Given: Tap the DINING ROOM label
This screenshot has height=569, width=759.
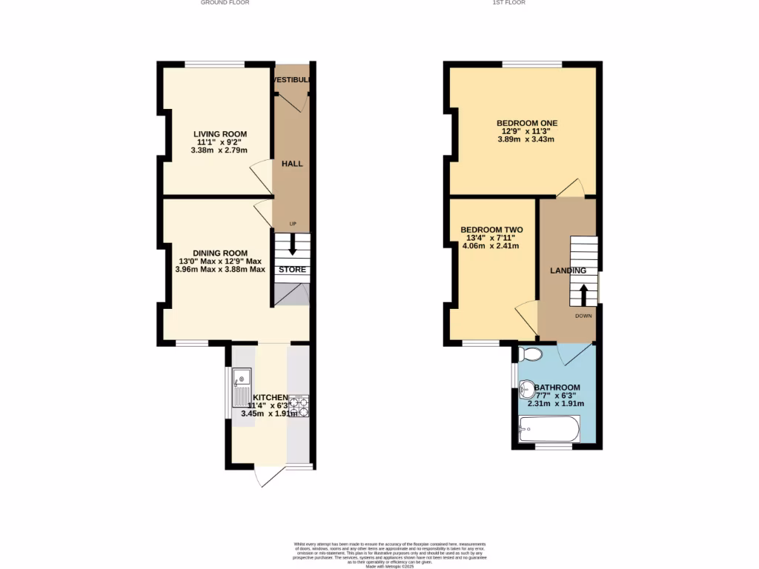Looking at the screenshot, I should point(220,253).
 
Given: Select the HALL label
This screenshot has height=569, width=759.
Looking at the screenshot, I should point(292,163).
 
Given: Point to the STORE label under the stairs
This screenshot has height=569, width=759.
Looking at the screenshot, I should point(292,270).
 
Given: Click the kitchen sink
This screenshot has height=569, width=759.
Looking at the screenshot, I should point(242,388).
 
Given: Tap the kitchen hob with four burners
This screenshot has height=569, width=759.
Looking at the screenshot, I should point(299,405).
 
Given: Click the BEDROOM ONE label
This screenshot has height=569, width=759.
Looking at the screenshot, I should point(526,123).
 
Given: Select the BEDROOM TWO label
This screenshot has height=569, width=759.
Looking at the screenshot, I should point(491,230).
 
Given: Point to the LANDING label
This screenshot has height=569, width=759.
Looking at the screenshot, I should point(568,270).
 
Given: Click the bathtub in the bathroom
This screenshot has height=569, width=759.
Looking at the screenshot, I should point(549,428).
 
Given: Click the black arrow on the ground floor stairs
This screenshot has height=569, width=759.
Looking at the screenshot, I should point(292,246).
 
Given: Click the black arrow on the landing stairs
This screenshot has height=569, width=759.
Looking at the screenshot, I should point(583,294).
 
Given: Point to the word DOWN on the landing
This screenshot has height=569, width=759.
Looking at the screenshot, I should point(583,316).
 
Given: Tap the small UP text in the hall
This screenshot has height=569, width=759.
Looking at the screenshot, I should point(293,224).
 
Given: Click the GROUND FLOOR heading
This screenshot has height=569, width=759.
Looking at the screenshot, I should point(225,3).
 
